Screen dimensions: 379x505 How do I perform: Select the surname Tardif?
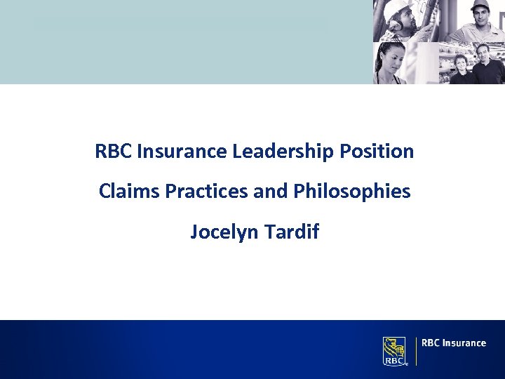[292, 232]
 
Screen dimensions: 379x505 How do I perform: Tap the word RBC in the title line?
[114, 151]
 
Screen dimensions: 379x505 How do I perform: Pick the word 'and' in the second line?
[266, 191]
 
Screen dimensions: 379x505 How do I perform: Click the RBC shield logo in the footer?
[395, 350]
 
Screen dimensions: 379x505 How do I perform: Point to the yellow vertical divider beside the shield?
[416, 350]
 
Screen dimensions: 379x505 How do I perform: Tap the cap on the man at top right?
[480, 6]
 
